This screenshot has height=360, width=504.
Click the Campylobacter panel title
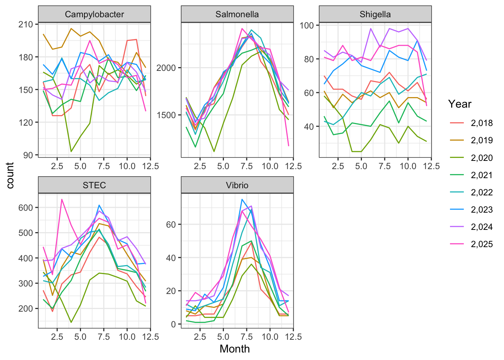point(94,15)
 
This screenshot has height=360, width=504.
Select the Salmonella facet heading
point(237,15)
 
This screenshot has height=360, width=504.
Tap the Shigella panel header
point(375,15)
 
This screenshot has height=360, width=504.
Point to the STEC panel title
point(94,185)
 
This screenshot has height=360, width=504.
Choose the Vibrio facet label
point(237,185)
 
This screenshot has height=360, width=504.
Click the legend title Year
point(460,104)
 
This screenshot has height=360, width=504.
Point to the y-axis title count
point(10,175)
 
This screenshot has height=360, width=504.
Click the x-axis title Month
point(234,349)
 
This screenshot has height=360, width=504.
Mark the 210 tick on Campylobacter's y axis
point(25,24)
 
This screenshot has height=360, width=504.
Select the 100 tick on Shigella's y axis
point(307,25)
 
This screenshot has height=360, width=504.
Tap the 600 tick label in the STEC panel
point(25,207)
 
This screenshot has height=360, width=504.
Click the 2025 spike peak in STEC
point(62,199)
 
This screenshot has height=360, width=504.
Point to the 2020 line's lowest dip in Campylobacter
point(71,151)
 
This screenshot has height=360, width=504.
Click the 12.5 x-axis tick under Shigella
point(431,166)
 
